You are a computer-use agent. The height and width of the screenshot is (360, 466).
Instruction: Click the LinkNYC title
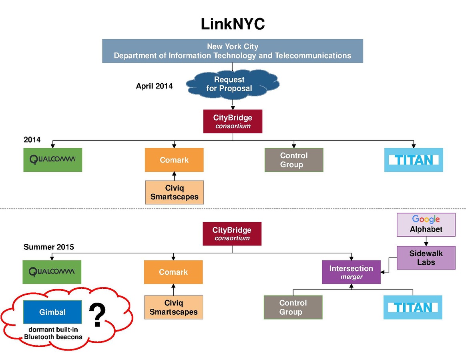(233, 24)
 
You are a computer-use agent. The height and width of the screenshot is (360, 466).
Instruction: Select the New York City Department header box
(232, 51)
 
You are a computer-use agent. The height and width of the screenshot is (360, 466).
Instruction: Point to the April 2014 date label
(154, 86)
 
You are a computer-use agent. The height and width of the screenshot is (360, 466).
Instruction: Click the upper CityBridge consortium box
(233, 121)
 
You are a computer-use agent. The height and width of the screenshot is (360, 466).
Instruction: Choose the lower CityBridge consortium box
(232, 233)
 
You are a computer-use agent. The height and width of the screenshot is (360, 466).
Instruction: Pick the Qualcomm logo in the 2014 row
(52, 160)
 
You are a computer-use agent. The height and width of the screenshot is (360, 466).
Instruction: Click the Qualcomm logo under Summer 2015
(52, 272)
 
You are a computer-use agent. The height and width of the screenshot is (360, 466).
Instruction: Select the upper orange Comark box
(174, 160)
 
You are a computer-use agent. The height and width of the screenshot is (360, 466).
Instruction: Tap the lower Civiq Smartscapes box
(173, 308)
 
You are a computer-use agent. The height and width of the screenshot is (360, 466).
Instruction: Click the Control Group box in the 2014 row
(294, 160)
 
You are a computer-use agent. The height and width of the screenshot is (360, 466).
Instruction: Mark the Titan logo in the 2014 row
(414, 160)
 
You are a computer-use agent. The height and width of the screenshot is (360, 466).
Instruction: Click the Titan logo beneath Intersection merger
(413, 307)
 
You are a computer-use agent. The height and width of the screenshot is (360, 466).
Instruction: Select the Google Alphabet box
(426, 224)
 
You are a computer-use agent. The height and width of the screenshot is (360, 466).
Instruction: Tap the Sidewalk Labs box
(426, 257)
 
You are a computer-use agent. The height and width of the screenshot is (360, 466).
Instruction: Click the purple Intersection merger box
(351, 272)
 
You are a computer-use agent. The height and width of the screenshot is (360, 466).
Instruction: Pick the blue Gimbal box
(52, 312)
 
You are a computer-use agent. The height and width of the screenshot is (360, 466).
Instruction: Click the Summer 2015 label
(49, 247)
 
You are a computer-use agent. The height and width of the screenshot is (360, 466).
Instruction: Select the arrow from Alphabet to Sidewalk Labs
(426, 241)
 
